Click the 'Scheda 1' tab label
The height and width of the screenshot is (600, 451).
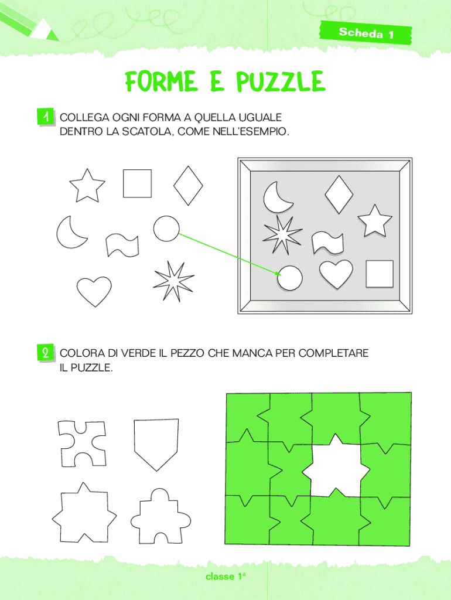[366, 33]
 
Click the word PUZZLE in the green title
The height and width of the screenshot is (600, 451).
[281, 81]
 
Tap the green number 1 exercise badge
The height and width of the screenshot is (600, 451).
[46, 117]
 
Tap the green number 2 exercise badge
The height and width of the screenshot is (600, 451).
[46, 352]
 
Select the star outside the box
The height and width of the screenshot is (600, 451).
[87, 186]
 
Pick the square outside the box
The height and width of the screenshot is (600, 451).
[137, 183]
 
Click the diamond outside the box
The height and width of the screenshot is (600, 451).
[188, 186]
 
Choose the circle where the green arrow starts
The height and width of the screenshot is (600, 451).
[166, 229]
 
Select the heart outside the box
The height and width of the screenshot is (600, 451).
[94, 291]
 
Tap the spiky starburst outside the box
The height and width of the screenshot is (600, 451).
[174, 281]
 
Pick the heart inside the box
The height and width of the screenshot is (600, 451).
[336, 274]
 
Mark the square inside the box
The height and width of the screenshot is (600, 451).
[380, 274]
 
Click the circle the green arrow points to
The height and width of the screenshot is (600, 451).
[290, 278]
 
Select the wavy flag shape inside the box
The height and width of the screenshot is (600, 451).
[327, 243]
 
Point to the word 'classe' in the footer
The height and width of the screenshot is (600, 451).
[220, 577]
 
